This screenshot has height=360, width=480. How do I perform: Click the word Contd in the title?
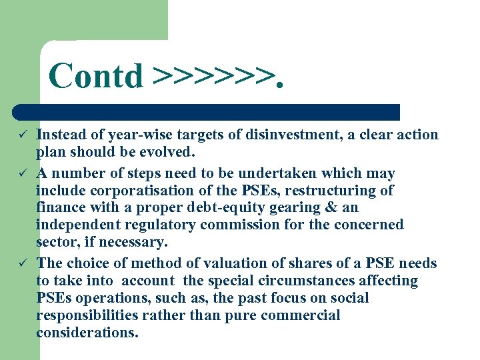[x=95, y=75]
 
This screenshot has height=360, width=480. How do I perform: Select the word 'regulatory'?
[x=158, y=225]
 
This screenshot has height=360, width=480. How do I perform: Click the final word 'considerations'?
[x=87, y=333]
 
